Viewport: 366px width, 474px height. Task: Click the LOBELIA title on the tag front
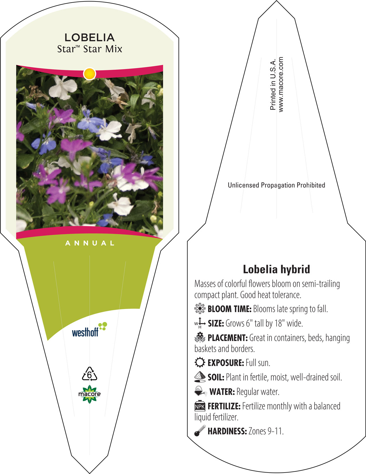click(89, 38)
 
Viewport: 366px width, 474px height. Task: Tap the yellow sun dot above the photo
click(89, 74)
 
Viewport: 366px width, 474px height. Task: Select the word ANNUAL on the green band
click(90, 243)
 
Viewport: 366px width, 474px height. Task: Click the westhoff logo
click(89, 329)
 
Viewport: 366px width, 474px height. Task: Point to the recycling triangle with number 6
click(89, 374)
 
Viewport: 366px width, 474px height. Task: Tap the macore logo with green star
click(89, 394)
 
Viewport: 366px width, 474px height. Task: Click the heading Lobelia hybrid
click(276, 269)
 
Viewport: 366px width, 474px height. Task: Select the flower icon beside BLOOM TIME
click(200, 309)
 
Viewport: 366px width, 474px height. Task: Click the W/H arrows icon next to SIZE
click(200, 323)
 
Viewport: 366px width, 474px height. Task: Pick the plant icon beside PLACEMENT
click(200, 338)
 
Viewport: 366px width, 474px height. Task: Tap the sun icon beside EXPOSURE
click(200, 363)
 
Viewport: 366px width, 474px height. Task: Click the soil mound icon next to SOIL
click(200, 377)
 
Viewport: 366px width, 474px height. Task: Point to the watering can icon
click(200, 391)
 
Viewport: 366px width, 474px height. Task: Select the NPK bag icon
click(200, 406)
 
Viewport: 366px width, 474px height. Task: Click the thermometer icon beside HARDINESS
click(200, 431)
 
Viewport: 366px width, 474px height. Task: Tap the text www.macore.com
click(281, 85)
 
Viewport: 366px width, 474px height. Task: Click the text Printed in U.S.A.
click(273, 84)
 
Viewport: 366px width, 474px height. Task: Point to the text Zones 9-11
click(266, 431)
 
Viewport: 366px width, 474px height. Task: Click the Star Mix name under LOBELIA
click(89, 49)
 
